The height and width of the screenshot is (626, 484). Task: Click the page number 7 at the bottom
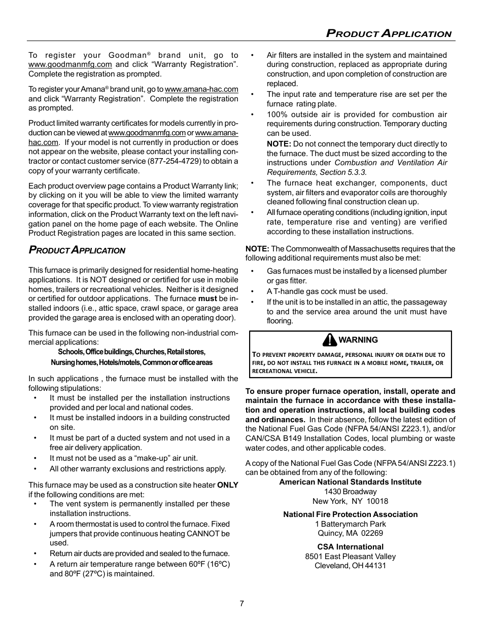point(242,604)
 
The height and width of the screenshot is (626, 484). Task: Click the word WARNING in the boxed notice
point(358,340)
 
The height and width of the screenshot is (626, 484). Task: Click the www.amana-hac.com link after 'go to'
point(201,89)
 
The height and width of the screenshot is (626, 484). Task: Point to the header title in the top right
point(389,34)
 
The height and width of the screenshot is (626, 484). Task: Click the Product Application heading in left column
point(77,250)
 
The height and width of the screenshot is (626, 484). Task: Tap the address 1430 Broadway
point(351,492)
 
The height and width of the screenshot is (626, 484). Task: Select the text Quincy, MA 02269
point(351,533)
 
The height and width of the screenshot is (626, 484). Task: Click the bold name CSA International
point(351,547)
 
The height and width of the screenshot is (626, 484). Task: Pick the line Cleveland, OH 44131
point(351,566)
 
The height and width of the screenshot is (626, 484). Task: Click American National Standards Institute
point(351,482)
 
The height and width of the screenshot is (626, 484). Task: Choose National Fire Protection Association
point(351,514)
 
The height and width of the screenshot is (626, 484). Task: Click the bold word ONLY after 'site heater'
point(228,485)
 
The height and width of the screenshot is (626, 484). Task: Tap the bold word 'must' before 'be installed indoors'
point(208,299)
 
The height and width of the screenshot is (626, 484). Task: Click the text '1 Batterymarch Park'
point(351,524)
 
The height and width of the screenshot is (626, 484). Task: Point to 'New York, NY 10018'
point(351,501)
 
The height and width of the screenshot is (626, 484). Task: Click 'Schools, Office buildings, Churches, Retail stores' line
point(131,352)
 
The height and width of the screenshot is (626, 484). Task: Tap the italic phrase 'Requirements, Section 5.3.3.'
point(317,172)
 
